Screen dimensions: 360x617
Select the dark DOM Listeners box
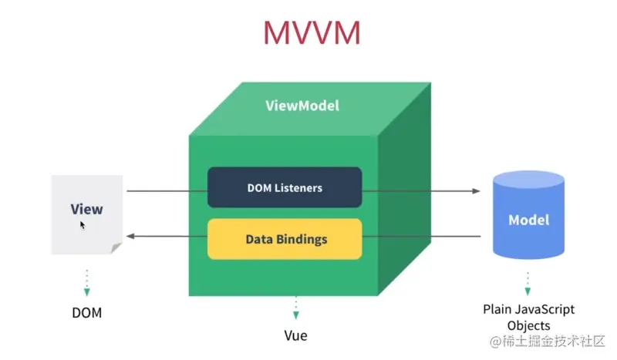tap(285, 187)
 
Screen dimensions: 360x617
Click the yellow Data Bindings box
tap(285, 239)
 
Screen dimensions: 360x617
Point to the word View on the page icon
tap(86, 209)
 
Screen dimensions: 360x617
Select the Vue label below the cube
tap(294, 336)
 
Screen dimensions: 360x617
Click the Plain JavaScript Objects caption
tap(528, 317)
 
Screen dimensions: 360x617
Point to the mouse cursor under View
tap(83, 225)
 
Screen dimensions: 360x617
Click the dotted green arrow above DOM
tap(87, 283)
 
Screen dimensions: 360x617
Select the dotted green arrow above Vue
tap(294, 308)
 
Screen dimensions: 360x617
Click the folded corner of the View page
tap(116, 247)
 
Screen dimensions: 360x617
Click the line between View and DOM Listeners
tap(167, 190)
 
